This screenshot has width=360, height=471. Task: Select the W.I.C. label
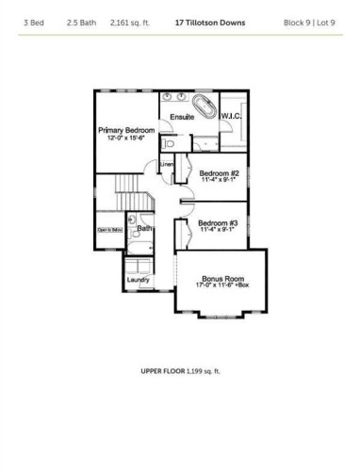tap(233, 117)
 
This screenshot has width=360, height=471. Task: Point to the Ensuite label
tap(182, 118)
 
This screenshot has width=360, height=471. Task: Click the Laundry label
tap(139, 279)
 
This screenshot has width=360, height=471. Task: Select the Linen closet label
tap(167, 166)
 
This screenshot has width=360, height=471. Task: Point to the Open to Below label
tap(110, 229)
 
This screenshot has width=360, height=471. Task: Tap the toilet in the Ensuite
tap(166, 144)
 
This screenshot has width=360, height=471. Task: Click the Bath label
tap(145, 228)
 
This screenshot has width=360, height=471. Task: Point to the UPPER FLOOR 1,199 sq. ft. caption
tap(180, 371)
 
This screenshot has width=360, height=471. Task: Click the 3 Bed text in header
tap(34, 20)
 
